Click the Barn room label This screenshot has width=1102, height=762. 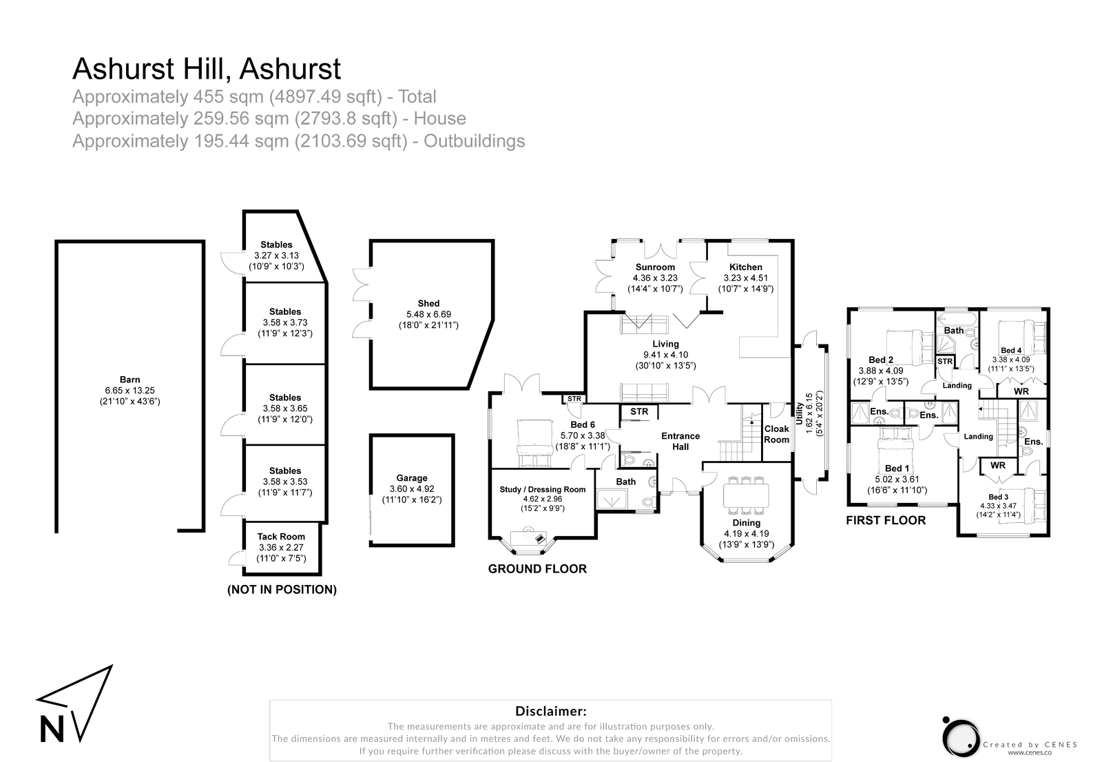[129, 380]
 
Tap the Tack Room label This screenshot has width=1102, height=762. [281, 537]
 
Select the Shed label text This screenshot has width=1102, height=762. [428, 303]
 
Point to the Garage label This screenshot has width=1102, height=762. [412, 478]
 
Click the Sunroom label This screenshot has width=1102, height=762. [655, 267]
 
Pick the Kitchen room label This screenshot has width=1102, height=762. [746, 267]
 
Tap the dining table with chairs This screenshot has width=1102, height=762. [747, 495]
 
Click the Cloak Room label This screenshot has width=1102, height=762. [777, 434]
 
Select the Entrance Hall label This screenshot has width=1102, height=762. [680, 441]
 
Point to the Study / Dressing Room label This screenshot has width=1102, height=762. [543, 490]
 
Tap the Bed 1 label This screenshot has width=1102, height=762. [897, 468]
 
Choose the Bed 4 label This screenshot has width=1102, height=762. [1011, 351]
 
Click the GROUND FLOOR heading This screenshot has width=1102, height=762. [537, 569]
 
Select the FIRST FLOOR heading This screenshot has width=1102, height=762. [886, 521]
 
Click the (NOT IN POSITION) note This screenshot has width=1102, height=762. [282, 590]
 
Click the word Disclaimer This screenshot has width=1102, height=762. [551, 711]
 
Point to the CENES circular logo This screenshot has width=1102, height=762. [960, 734]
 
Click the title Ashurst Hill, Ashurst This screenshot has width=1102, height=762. [207, 69]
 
